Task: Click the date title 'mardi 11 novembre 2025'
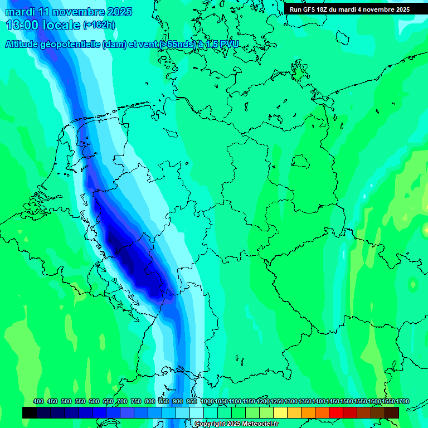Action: pos(69,12)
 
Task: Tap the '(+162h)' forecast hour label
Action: pos(99,25)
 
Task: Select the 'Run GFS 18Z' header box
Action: pos(349,9)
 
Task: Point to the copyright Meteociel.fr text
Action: pos(236,424)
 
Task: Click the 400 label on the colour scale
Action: pos(38,402)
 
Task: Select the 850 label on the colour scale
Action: pos(164,402)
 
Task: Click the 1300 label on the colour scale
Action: pos(290,402)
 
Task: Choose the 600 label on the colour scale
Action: pos(94,402)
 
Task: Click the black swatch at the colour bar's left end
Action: pos(30,412)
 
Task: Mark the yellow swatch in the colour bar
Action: pos(280,412)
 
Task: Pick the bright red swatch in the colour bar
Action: pos(336,412)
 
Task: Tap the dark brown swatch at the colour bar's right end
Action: pos(392,412)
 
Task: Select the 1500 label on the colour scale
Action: pos(346,402)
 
